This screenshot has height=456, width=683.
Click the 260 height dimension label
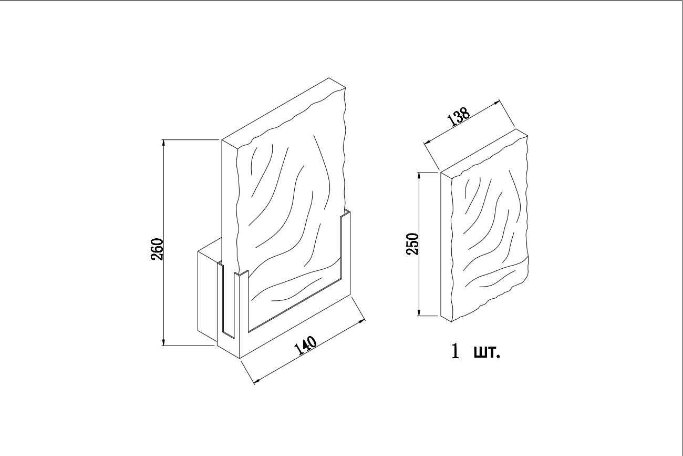click(157, 249)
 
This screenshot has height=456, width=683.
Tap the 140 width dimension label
click(305, 346)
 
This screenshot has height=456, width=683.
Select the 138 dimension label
click(459, 117)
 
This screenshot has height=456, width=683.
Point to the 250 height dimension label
click(412, 244)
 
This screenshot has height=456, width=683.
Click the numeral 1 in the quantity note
click(455, 352)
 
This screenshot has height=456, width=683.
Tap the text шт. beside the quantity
click(487, 353)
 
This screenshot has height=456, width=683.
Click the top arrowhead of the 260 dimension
click(164, 144)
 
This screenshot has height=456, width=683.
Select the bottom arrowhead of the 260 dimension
click(164, 341)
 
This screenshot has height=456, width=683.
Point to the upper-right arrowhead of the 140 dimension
click(361, 321)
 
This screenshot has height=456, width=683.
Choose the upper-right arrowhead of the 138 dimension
click(495, 103)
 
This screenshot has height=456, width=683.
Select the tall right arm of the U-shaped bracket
click(345, 250)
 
